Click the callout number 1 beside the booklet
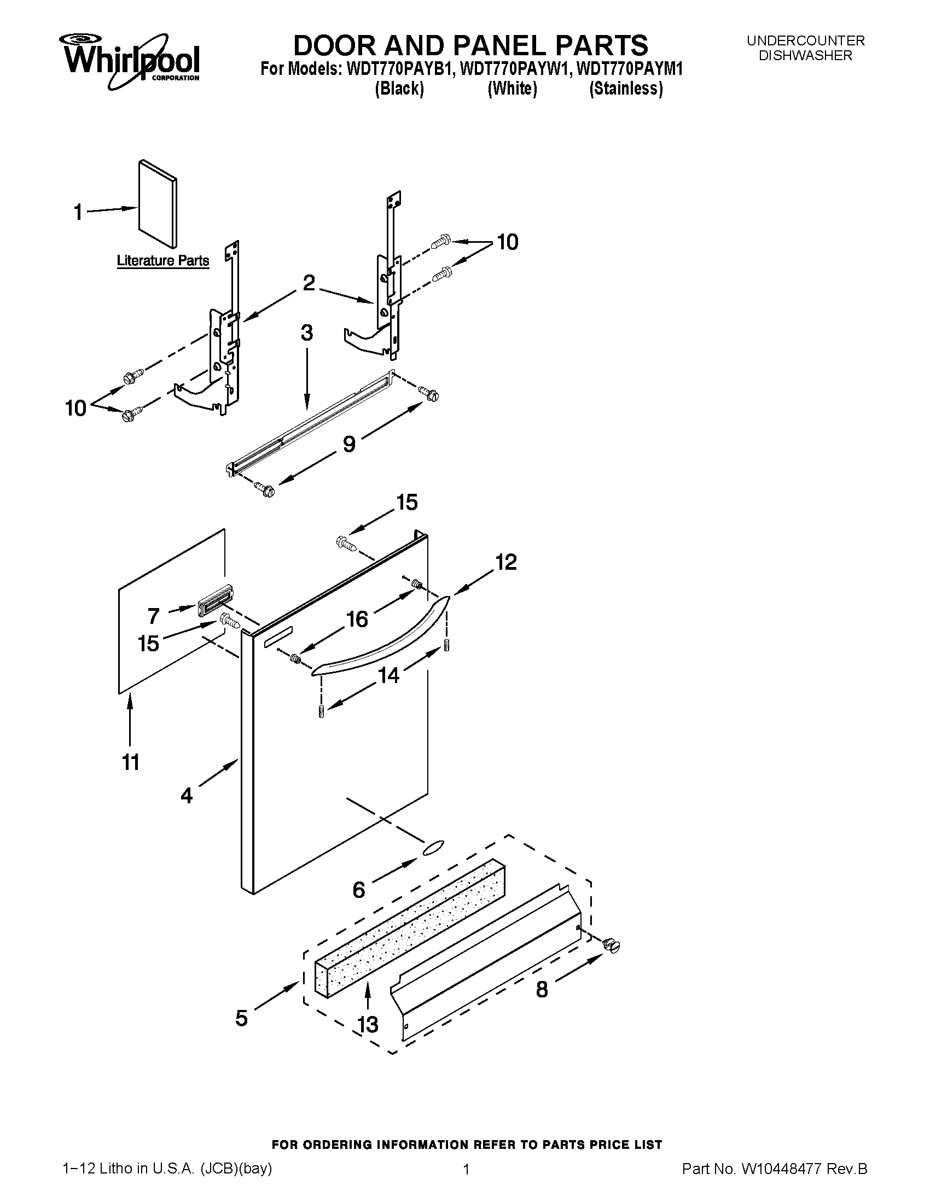[78, 212]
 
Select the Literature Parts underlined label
[162, 260]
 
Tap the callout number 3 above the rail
[307, 332]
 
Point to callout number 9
[349, 444]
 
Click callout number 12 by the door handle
[506, 562]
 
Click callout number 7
[153, 615]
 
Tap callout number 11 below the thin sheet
[131, 762]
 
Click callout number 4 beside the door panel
[187, 795]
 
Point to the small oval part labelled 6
[433, 848]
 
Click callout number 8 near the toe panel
[542, 990]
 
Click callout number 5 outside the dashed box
[241, 1018]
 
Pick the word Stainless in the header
[626, 88]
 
